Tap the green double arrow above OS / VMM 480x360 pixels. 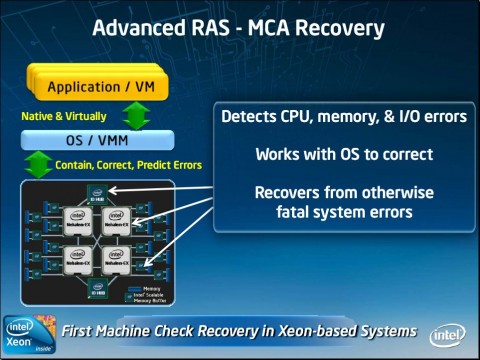[x=137, y=115]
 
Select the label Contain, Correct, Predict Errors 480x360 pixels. [x=128, y=164]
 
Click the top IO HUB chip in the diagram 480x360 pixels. [x=98, y=193]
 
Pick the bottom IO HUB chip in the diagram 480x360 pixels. [x=98, y=286]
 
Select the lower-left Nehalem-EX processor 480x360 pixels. [x=77, y=256]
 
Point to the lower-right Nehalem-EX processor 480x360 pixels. [x=117, y=256]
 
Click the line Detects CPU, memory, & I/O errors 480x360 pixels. [x=343, y=117]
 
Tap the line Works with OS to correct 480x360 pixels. [x=343, y=155]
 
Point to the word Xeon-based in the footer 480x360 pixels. [x=296, y=331]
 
